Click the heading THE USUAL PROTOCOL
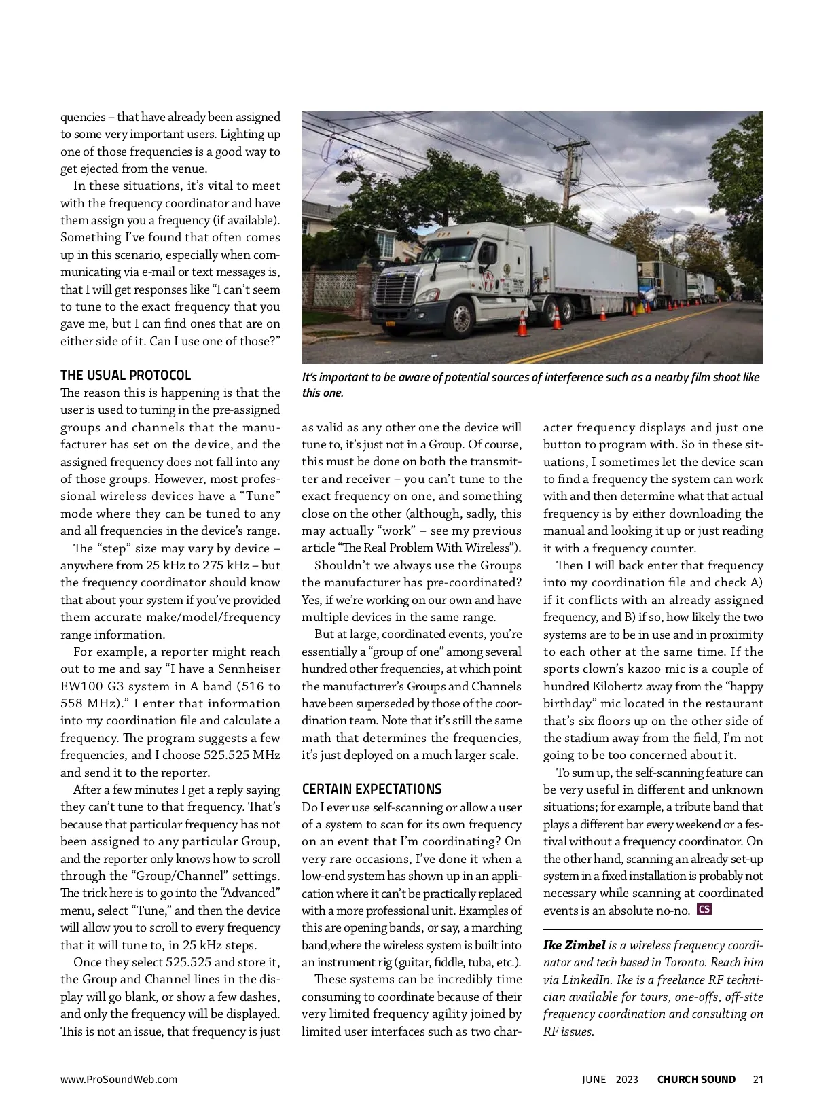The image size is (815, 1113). point(126,376)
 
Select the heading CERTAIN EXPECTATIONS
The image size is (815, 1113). point(372,790)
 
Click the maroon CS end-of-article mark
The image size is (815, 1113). point(704,909)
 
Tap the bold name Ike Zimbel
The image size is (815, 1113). point(574,945)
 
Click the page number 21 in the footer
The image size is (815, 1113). point(758,1079)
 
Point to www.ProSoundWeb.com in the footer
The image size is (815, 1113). point(119,1079)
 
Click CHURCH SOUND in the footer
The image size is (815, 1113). point(696,1079)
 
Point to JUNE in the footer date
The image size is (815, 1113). point(594,1079)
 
